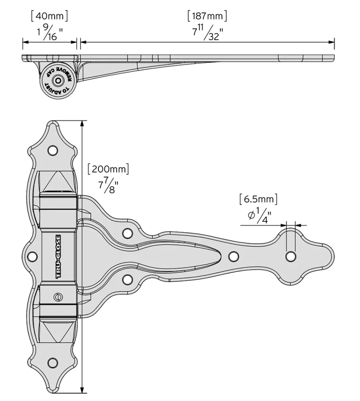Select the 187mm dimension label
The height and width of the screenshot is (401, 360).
coord(208,16)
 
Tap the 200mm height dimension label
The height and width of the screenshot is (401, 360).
coord(109,169)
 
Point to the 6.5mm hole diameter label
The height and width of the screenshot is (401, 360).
coord(259,199)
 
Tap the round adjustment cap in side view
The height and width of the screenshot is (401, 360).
coord(57,80)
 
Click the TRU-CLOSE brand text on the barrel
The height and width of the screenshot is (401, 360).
coord(58,256)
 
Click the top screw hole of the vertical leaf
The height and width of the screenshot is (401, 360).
coord(52,150)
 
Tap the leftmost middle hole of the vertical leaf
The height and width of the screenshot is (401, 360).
coord(32,256)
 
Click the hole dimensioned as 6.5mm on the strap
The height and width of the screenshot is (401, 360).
coord(290,256)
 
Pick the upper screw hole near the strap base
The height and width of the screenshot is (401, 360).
coord(128,233)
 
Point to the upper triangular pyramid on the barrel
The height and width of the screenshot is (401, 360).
coord(58,182)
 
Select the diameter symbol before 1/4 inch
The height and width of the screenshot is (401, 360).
coord(251,216)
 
